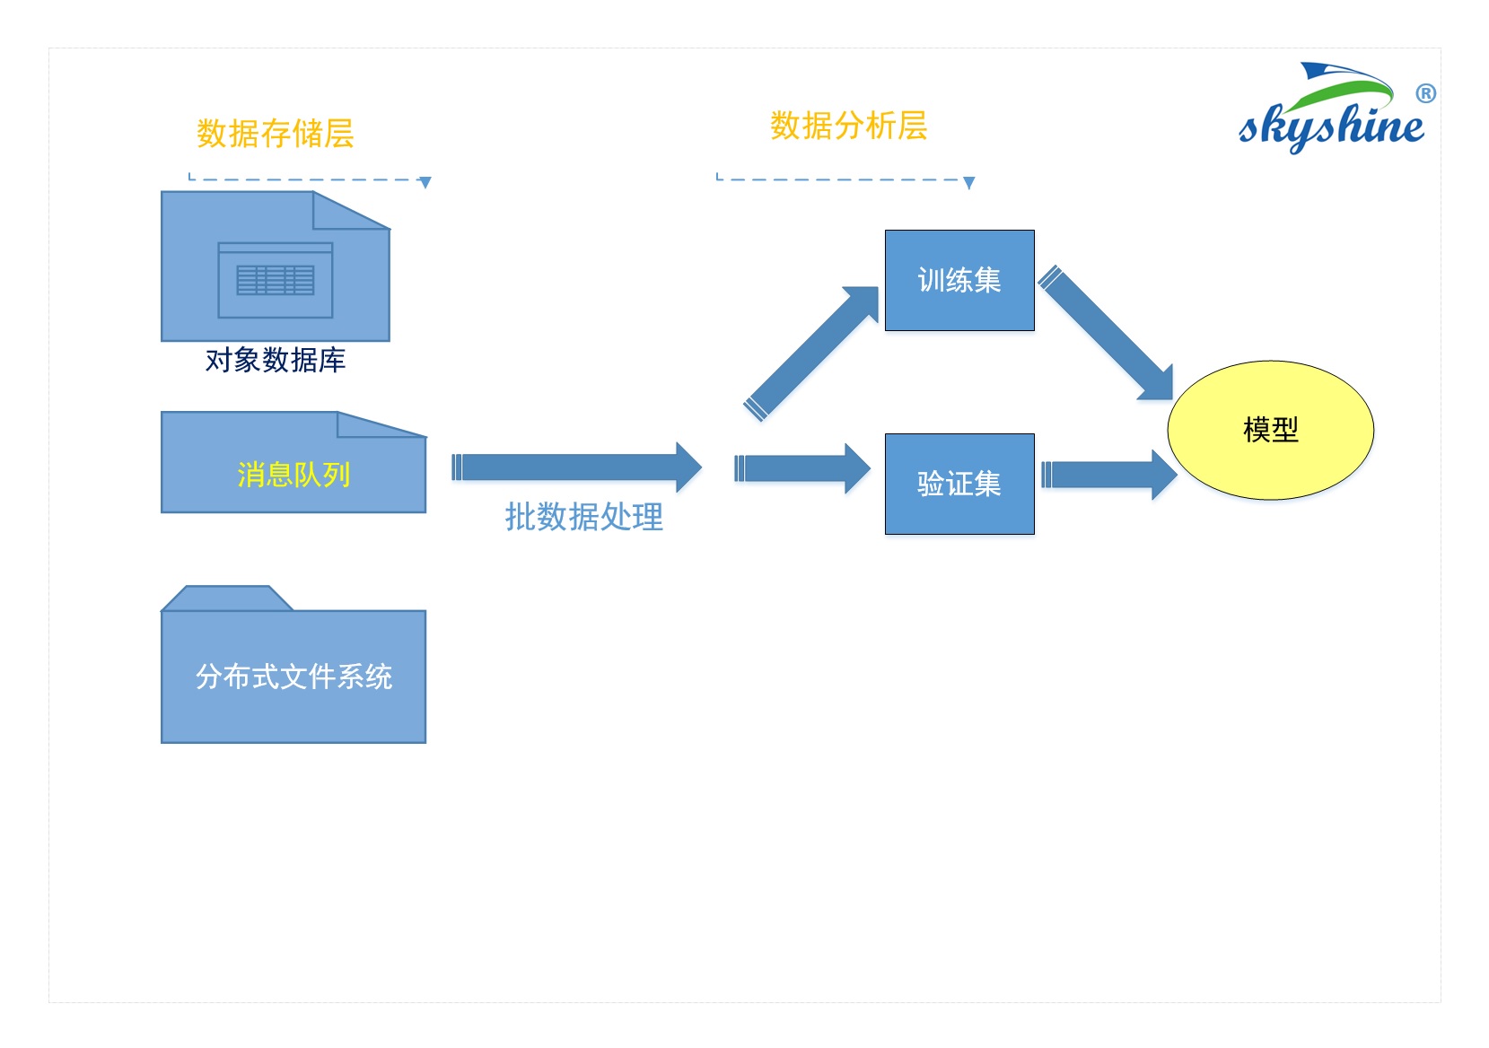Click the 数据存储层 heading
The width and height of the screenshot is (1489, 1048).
(275, 134)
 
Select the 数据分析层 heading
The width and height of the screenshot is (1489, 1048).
(848, 126)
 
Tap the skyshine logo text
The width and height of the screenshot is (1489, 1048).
(1330, 127)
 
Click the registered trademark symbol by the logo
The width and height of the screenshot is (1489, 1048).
(1425, 93)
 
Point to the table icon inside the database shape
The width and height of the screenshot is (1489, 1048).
(276, 280)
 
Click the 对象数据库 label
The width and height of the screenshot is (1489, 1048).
(275, 360)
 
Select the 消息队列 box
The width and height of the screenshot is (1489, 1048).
(293, 473)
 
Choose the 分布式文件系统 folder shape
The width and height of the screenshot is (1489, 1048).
(293, 675)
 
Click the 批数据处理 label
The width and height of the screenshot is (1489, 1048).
(583, 517)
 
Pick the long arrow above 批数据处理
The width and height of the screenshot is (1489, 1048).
(576, 467)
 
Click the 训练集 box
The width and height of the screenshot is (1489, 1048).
(959, 280)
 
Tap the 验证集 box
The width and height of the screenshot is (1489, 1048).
(959, 484)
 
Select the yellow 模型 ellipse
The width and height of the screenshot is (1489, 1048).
(1270, 430)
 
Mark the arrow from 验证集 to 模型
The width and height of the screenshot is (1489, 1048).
(1109, 474)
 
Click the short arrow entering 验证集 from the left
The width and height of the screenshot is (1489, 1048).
(801, 468)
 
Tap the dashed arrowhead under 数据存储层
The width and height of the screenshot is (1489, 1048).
(425, 183)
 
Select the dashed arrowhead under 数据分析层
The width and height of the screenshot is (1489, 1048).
(969, 183)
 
